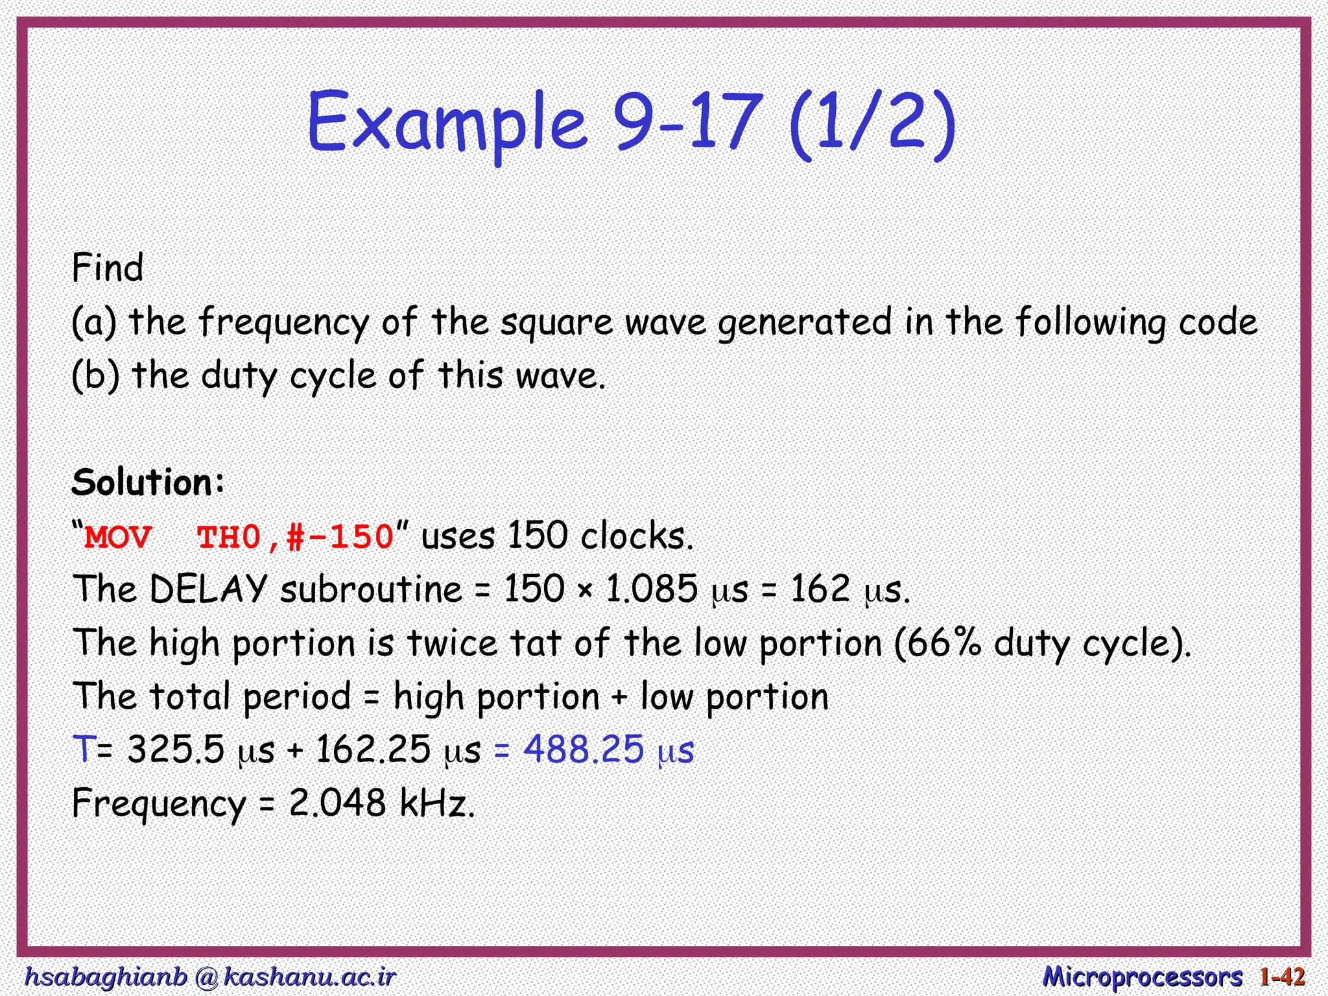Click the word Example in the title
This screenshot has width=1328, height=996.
pyautogui.click(x=447, y=123)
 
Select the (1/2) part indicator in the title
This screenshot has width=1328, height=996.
pyautogui.click(x=873, y=123)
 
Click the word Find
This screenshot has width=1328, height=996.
pyautogui.click(x=108, y=268)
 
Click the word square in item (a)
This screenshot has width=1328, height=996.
pyautogui.click(x=556, y=323)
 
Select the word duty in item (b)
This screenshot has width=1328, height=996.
pyautogui.click(x=239, y=376)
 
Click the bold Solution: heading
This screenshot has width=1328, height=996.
pyautogui.click(x=148, y=482)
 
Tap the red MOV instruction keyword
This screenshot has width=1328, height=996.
pyautogui.click(x=118, y=538)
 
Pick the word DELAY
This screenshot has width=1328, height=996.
pyautogui.click(x=208, y=589)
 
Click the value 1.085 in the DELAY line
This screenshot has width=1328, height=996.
pyautogui.click(x=651, y=589)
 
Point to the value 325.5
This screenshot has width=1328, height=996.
pyautogui.click(x=176, y=750)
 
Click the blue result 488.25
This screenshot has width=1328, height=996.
pyautogui.click(x=584, y=750)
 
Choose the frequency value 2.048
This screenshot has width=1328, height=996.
pyautogui.click(x=337, y=803)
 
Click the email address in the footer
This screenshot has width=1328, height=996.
pyautogui.click(x=209, y=977)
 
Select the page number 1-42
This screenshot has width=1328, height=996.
pyautogui.click(x=1282, y=977)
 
